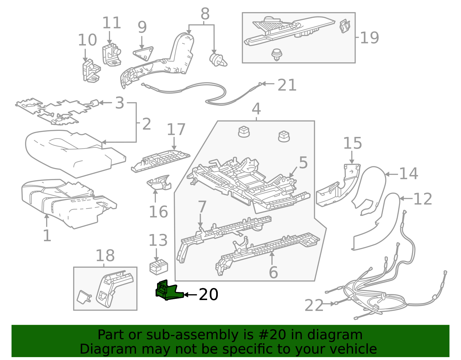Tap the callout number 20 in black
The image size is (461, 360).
(208, 295)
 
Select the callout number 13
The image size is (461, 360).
(158, 240)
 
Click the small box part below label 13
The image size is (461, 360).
(158, 267)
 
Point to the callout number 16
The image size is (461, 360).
(158, 212)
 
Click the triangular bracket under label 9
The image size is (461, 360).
(143, 53)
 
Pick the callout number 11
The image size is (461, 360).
(112, 23)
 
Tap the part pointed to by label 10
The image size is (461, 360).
(91, 71)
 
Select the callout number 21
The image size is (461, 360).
(287, 85)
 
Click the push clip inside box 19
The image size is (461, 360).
(277, 54)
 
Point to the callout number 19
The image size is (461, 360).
(369, 38)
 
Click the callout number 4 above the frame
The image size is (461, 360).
(256, 109)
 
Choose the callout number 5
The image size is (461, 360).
(303, 163)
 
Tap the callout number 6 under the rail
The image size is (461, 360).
(273, 272)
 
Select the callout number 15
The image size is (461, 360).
(352, 144)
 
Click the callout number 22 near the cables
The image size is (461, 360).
(314, 306)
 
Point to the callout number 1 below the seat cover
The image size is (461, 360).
(47, 235)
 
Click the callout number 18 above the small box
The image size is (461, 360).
(105, 256)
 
